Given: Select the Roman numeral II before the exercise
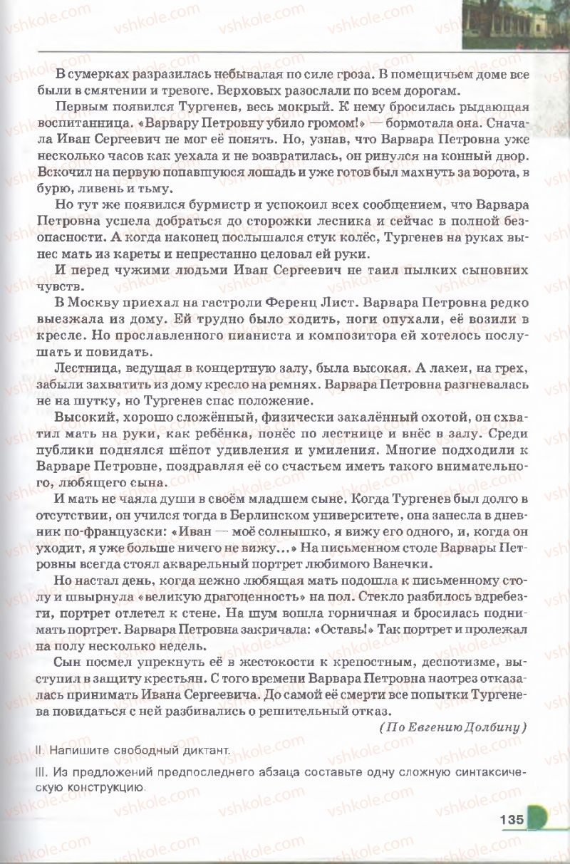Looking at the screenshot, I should tap(37, 749).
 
